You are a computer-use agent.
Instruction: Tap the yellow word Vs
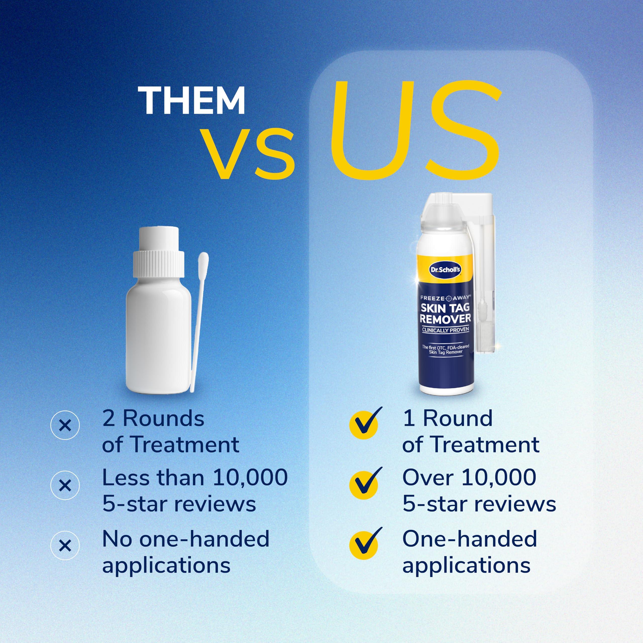click(250, 153)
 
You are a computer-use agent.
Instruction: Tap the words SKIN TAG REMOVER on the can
click(445, 313)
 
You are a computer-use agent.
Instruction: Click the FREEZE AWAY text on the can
click(445, 298)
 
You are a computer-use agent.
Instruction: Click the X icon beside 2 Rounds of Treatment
click(65, 426)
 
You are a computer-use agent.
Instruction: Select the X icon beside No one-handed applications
click(65, 546)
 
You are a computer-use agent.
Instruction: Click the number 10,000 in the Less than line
click(250, 477)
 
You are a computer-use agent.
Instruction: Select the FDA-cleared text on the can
click(457, 347)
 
